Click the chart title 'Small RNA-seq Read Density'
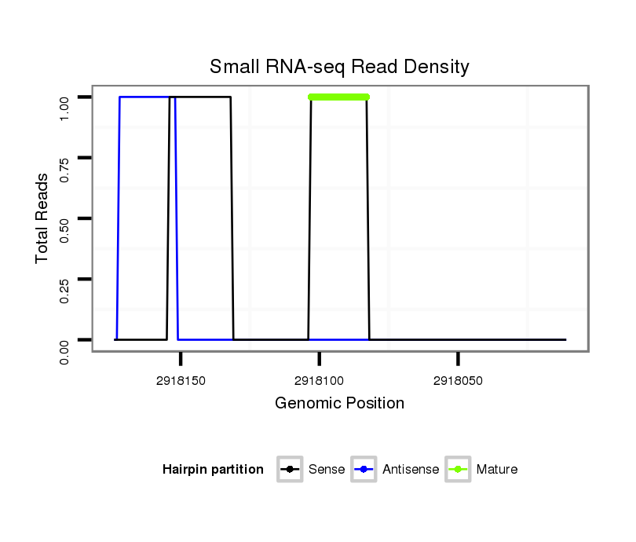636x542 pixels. [x=339, y=67]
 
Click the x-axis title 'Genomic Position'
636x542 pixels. [x=339, y=404]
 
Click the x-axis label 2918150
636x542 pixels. [x=181, y=381]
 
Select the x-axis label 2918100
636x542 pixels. [x=320, y=381]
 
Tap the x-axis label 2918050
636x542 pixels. [x=458, y=381]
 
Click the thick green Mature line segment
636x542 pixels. [x=339, y=97]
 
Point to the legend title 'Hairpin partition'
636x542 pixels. [x=213, y=470]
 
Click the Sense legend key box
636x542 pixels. [x=290, y=470]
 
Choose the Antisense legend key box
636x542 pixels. [x=364, y=470]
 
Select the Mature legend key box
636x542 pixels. [x=458, y=470]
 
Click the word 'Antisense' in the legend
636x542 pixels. [x=411, y=470]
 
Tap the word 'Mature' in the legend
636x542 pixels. [x=496, y=470]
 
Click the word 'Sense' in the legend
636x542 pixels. [x=327, y=470]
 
